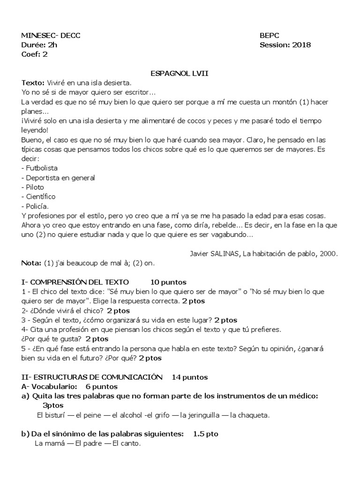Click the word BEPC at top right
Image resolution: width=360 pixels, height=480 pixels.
click(x=269, y=36)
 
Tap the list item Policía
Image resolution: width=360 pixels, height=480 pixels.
click(x=37, y=206)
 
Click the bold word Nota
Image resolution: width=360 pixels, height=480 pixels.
click(x=31, y=263)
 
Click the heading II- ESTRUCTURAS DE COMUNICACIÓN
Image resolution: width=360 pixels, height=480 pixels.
click(x=92, y=377)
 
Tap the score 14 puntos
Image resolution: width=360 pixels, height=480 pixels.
click(x=190, y=377)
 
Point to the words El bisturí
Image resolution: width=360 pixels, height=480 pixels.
click(x=52, y=415)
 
